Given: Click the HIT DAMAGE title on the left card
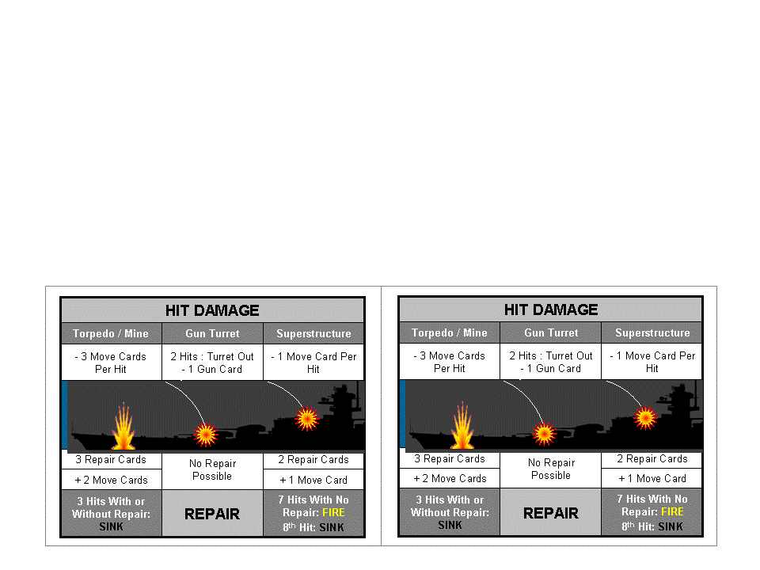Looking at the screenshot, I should [212, 310].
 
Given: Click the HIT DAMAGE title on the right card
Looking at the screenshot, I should [551, 310].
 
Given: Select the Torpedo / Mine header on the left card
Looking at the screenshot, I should [111, 333].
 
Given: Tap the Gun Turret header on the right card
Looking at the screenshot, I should [551, 332].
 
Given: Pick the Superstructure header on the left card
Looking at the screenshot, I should [313, 333].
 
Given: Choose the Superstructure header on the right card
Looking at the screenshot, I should [652, 332].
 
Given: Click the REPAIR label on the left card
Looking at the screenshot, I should [212, 514].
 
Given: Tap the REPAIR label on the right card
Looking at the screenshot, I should [551, 513].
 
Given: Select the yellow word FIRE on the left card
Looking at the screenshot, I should [333, 512].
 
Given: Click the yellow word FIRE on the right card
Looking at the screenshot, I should [672, 511].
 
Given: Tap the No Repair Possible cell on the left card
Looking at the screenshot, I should [212, 469].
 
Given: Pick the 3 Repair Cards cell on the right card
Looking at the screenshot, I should [450, 459].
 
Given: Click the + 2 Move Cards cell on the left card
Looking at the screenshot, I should [111, 480].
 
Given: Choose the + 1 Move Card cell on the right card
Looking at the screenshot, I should [652, 479].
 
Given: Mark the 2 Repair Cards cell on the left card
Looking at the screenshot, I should [313, 460].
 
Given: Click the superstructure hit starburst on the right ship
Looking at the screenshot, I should [645, 417].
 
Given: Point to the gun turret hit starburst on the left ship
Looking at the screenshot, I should [206, 433].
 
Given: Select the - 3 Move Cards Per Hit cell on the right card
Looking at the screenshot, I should [450, 362].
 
